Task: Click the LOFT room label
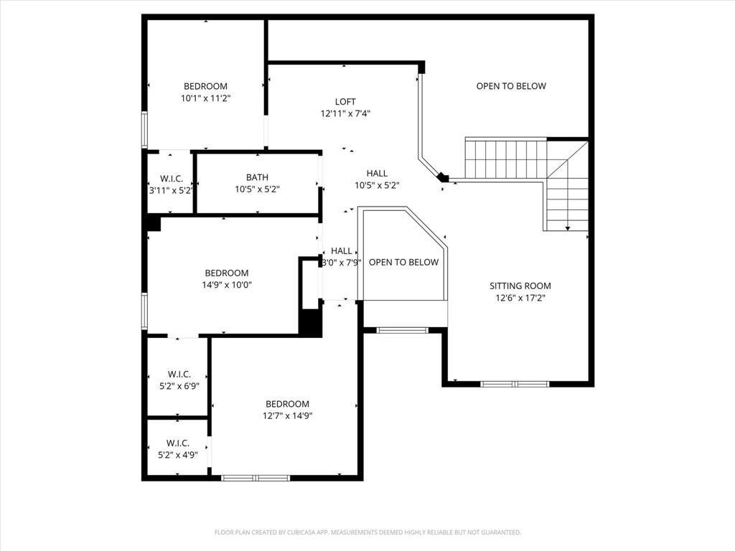345,102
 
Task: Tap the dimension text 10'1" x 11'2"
205,98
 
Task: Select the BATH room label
257,177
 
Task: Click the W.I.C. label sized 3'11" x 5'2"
170,178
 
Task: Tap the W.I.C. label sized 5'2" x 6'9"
179,374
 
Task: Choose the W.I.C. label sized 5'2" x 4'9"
178,443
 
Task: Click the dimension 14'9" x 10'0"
227,285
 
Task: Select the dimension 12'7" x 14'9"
287,415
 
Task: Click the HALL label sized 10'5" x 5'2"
377,173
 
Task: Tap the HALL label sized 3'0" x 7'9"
342,250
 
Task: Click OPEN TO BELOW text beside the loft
511,86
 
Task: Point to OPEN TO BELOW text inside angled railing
403,262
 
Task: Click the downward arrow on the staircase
568,227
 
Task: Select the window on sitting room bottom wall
515,384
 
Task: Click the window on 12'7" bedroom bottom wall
256,477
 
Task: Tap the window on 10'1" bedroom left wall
144,130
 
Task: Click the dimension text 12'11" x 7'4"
345,113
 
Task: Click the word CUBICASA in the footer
294,532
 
